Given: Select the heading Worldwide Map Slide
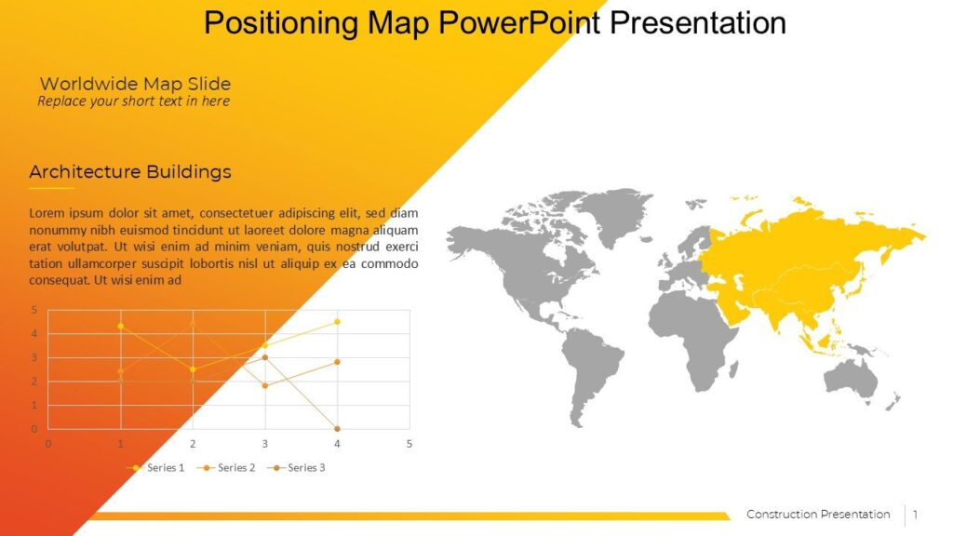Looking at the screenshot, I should (135, 84).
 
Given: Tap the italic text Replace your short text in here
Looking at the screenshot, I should (133, 100).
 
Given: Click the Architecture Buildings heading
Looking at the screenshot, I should (130, 172).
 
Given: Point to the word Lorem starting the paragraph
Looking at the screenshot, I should (47, 212).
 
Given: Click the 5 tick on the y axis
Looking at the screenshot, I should (34, 310).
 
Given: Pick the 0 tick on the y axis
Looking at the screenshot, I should (34, 429).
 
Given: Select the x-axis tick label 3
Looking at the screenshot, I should (264, 444).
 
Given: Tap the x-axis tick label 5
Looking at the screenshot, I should (409, 444).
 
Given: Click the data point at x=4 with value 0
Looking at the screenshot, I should (337, 429).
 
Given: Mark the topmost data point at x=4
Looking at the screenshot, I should (337, 322).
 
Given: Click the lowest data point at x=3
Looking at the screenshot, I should (264, 385).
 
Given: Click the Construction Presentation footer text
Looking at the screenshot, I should (818, 515).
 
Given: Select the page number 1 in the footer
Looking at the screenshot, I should (915, 515).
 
